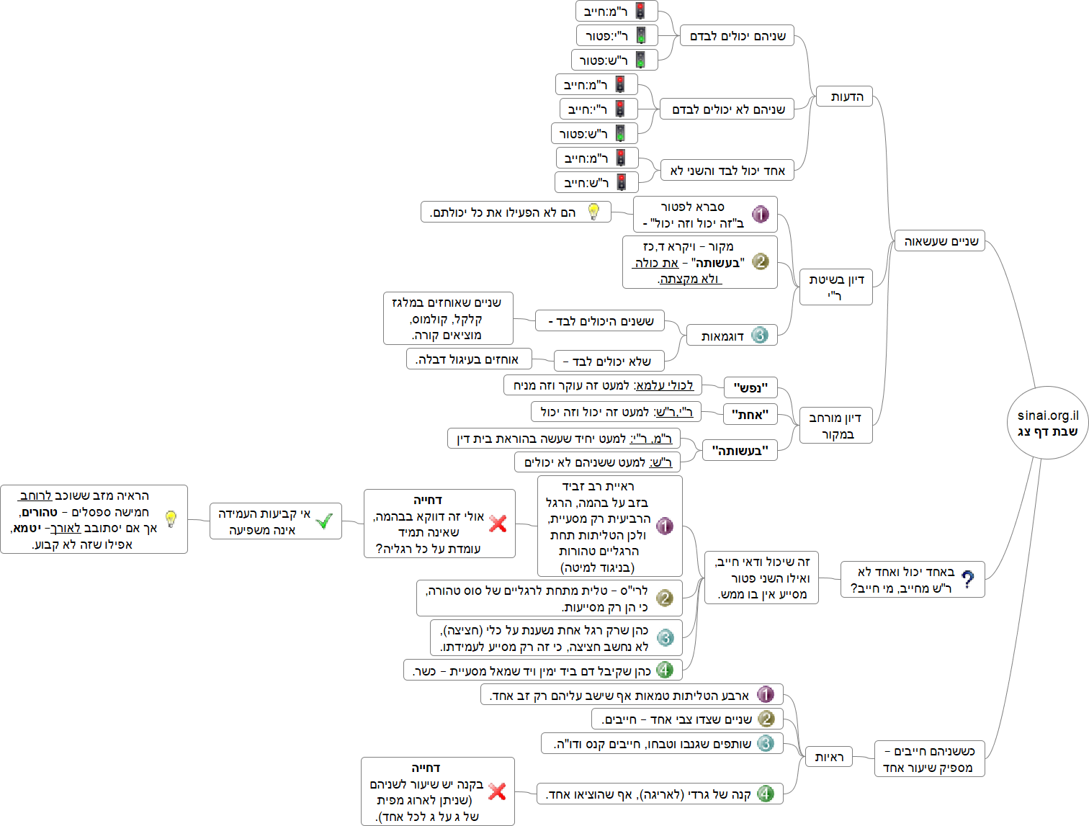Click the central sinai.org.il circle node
tap(1047, 423)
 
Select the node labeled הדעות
tap(844, 96)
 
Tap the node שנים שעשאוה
tap(939, 241)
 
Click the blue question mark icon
tap(968, 580)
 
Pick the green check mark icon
tap(324, 521)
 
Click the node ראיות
tap(828, 757)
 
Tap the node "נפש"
tap(750, 388)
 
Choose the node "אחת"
tap(750, 414)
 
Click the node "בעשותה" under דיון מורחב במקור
tap(740, 451)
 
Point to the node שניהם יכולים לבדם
tap(737, 35)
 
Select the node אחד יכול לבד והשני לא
tap(727, 171)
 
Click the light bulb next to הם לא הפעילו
tap(593, 212)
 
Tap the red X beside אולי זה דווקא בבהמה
tap(498, 524)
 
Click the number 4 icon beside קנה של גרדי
tap(766, 794)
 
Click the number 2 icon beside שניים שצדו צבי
tap(766, 719)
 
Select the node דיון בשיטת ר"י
tap(835, 287)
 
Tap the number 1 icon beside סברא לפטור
tap(761, 214)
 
